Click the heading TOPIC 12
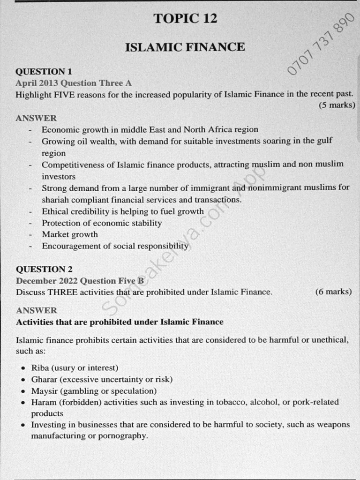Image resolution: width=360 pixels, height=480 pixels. coord(185,18)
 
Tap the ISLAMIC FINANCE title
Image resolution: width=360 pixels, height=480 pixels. coord(185,47)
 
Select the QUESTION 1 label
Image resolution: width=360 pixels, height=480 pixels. coord(44,72)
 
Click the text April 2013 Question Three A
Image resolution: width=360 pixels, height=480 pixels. coord(74,83)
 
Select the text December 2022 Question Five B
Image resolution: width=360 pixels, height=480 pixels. coord(79,281)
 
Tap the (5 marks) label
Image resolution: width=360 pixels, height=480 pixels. coord(337,105)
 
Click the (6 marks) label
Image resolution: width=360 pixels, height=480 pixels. coord(333,292)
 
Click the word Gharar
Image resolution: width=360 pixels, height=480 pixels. coord(44,379)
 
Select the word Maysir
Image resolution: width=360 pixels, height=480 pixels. coord(44,390)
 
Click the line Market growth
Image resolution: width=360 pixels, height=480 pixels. coord(70,234)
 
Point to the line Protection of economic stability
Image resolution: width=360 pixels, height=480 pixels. coord(102,223)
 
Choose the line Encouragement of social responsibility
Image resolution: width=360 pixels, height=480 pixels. coord(115,246)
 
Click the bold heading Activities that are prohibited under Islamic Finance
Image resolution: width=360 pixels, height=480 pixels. coord(120,322)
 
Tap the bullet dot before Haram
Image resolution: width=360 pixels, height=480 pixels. coord(23,403)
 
